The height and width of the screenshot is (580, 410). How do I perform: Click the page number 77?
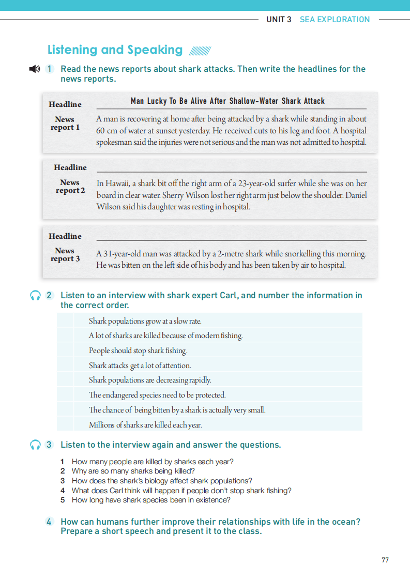(x=385, y=560)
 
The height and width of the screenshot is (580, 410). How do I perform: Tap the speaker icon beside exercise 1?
(x=34, y=69)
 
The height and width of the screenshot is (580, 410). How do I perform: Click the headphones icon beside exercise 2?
(x=35, y=296)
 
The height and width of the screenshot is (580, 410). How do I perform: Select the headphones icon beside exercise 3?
(x=35, y=445)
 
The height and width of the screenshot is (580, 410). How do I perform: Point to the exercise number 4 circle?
(x=50, y=522)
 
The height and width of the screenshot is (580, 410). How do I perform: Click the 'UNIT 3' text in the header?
(x=279, y=20)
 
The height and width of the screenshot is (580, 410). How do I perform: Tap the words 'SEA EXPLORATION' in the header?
(x=335, y=20)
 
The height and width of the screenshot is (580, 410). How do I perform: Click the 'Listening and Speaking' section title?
(x=115, y=50)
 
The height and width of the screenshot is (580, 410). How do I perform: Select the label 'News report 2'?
(x=70, y=187)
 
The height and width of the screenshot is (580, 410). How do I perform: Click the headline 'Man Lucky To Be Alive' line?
(x=227, y=101)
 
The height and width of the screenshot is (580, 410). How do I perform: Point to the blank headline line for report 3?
(x=231, y=237)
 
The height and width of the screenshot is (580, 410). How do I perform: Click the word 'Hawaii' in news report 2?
(x=117, y=184)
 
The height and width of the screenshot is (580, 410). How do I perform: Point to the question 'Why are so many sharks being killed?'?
(x=133, y=471)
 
